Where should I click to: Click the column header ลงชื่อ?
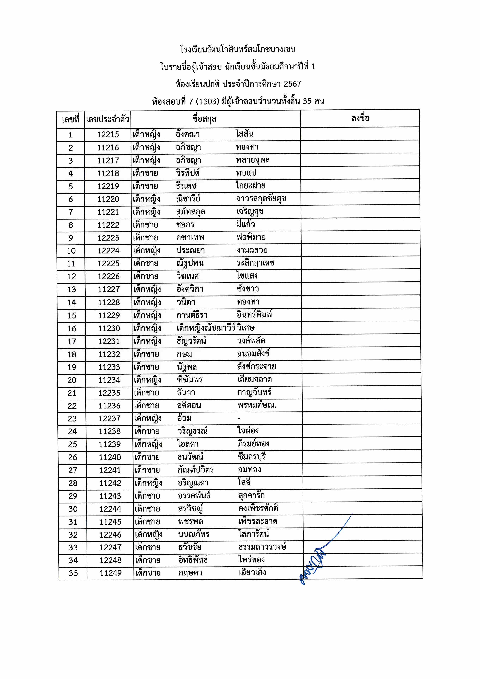tap(360, 118)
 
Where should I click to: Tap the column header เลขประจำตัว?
tap(108, 119)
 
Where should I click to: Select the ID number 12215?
tap(108, 135)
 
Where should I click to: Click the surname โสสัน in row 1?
tap(245, 134)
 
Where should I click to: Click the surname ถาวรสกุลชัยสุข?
tap(261, 198)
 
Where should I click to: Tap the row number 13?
tap(72, 290)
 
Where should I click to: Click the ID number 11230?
tap(109, 328)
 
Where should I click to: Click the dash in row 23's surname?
tap(239, 418)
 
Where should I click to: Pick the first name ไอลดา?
tap(188, 444)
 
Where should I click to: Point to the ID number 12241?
tap(110, 470)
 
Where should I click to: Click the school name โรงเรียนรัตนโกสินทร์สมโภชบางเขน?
tap(238, 49)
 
